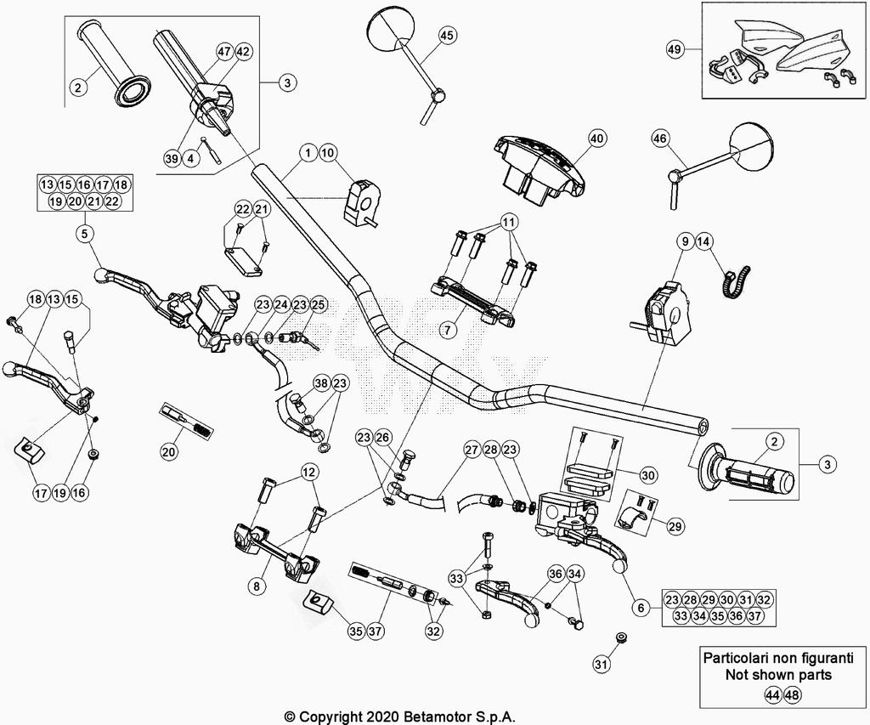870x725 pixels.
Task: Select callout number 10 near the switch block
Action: [x=328, y=153]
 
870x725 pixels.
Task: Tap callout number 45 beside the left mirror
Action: [x=447, y=35]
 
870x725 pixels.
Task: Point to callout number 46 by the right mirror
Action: [x=660, y=139]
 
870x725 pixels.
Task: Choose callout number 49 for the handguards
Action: [x=675, y=49]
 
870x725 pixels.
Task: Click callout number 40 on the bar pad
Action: [x=596, y=139]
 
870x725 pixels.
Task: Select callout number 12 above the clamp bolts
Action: [x=308, y=471]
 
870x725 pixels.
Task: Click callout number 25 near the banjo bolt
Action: [x=319, y=304]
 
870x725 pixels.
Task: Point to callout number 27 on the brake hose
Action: [x=472, y=450]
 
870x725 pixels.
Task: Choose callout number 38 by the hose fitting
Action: [x=321, y=383]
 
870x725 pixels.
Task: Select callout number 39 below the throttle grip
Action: [x=172, y=158]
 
